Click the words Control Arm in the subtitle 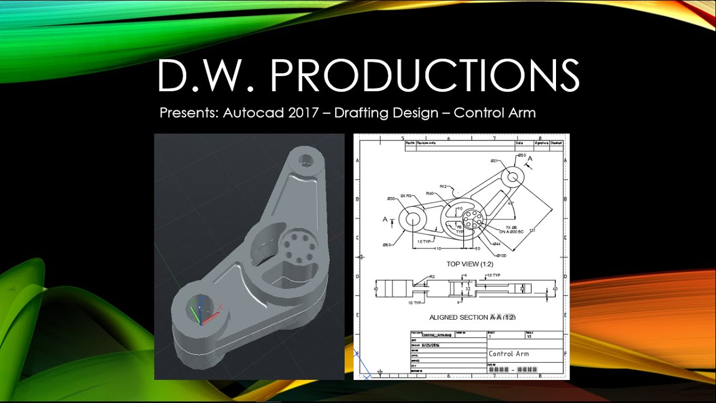pos(494,113)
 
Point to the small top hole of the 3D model pos(305,160)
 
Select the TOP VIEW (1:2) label pos(470,264)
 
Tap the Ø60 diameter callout pos(386,245)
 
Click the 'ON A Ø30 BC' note pos(511,231)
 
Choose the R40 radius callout pos(430,194)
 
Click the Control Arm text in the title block pos(508,354)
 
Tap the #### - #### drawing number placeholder pos(513,369)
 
